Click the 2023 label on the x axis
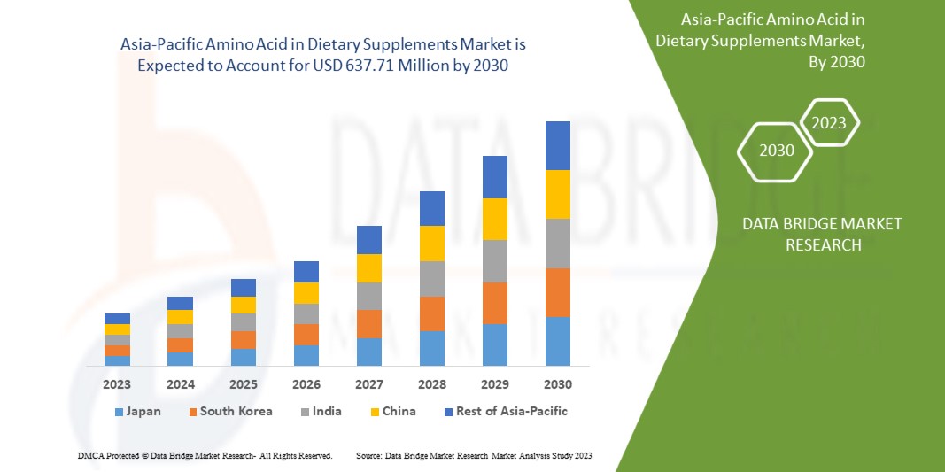pyautogui.click(x=117, y=384)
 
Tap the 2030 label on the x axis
pyautogui.click(x=557, y=384)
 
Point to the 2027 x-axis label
pyautogui.click(x=368, y=384)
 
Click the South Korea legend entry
pyautogui.click(x=229, y=412)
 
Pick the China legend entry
pyautogui.click(x=392, y=412)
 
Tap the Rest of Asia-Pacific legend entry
pyautogui.click(x=505, y=412)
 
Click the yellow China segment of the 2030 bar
pyautogui.click(x=557, y=194)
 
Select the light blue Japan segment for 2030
pyautogui.click(x=557, y=341)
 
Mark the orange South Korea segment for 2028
pyautogui.click(x=431, y=313)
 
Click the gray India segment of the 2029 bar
pyautogui.click(x=494, y=261)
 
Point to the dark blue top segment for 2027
pyautogui.click(x=368, y=240)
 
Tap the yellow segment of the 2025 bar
pyautogui.click(x=243, y=305)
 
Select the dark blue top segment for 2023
pyautogui.click(x=117, y=319)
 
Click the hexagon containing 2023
pyautogui.click(x=829, y=123)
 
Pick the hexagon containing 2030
pyautogui.click(x=777, y=151)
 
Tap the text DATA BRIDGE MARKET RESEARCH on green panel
pyautogui.click(x=823, y=234)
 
